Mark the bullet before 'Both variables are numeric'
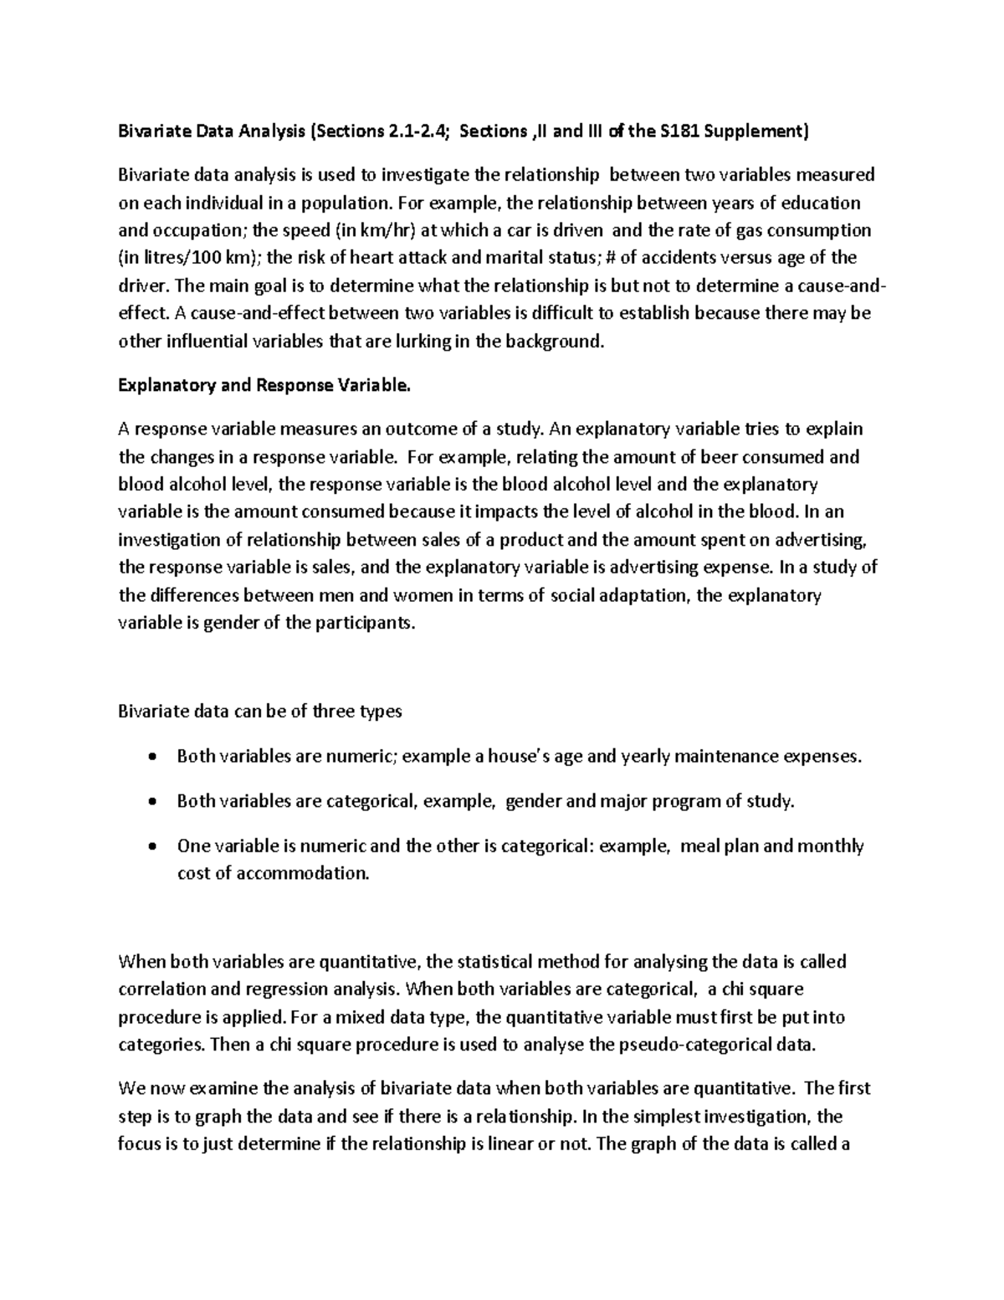(x=151, y=758)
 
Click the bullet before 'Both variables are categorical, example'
(x=151, y=802)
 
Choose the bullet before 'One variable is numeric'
(x=151, y=846)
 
